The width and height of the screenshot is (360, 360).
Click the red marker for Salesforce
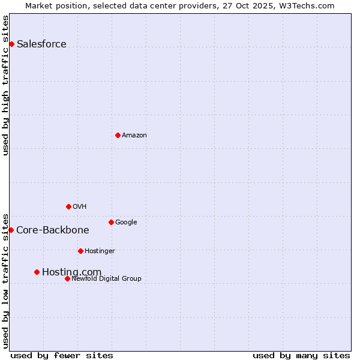click(x=11, y=44)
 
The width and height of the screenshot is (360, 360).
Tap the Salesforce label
click(x=41, y=44)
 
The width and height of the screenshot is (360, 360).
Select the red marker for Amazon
click(x=118, y=135)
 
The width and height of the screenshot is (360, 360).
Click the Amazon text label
click(x=134, y=136)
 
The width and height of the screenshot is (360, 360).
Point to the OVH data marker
click(x=68, y=206)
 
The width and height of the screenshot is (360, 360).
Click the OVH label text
click(x=80, y=207)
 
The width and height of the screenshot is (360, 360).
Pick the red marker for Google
click(x=111, y=222)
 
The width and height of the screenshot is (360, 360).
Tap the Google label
click(x=126, y=223)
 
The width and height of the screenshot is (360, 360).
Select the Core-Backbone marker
click(x=11, y=230)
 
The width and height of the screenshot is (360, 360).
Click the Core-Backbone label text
click(x=53, y=230)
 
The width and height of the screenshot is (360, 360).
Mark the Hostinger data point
click(x=80, y=251)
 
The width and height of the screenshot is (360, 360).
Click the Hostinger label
click(x=100, y=251)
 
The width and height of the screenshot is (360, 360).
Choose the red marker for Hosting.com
click(x=37, y=272)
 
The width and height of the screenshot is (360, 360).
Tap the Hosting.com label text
click(x=71, y=272)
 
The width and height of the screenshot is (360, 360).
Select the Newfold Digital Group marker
click(x=67, y=278)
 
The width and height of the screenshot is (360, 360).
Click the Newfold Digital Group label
click(x=106, y=279)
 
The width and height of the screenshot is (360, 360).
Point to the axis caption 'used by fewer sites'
click(x=62, y=355)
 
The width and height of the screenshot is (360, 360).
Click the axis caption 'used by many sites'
click(x=301, y=355)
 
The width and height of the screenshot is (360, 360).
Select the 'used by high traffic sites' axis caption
click(x=5, y=85)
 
